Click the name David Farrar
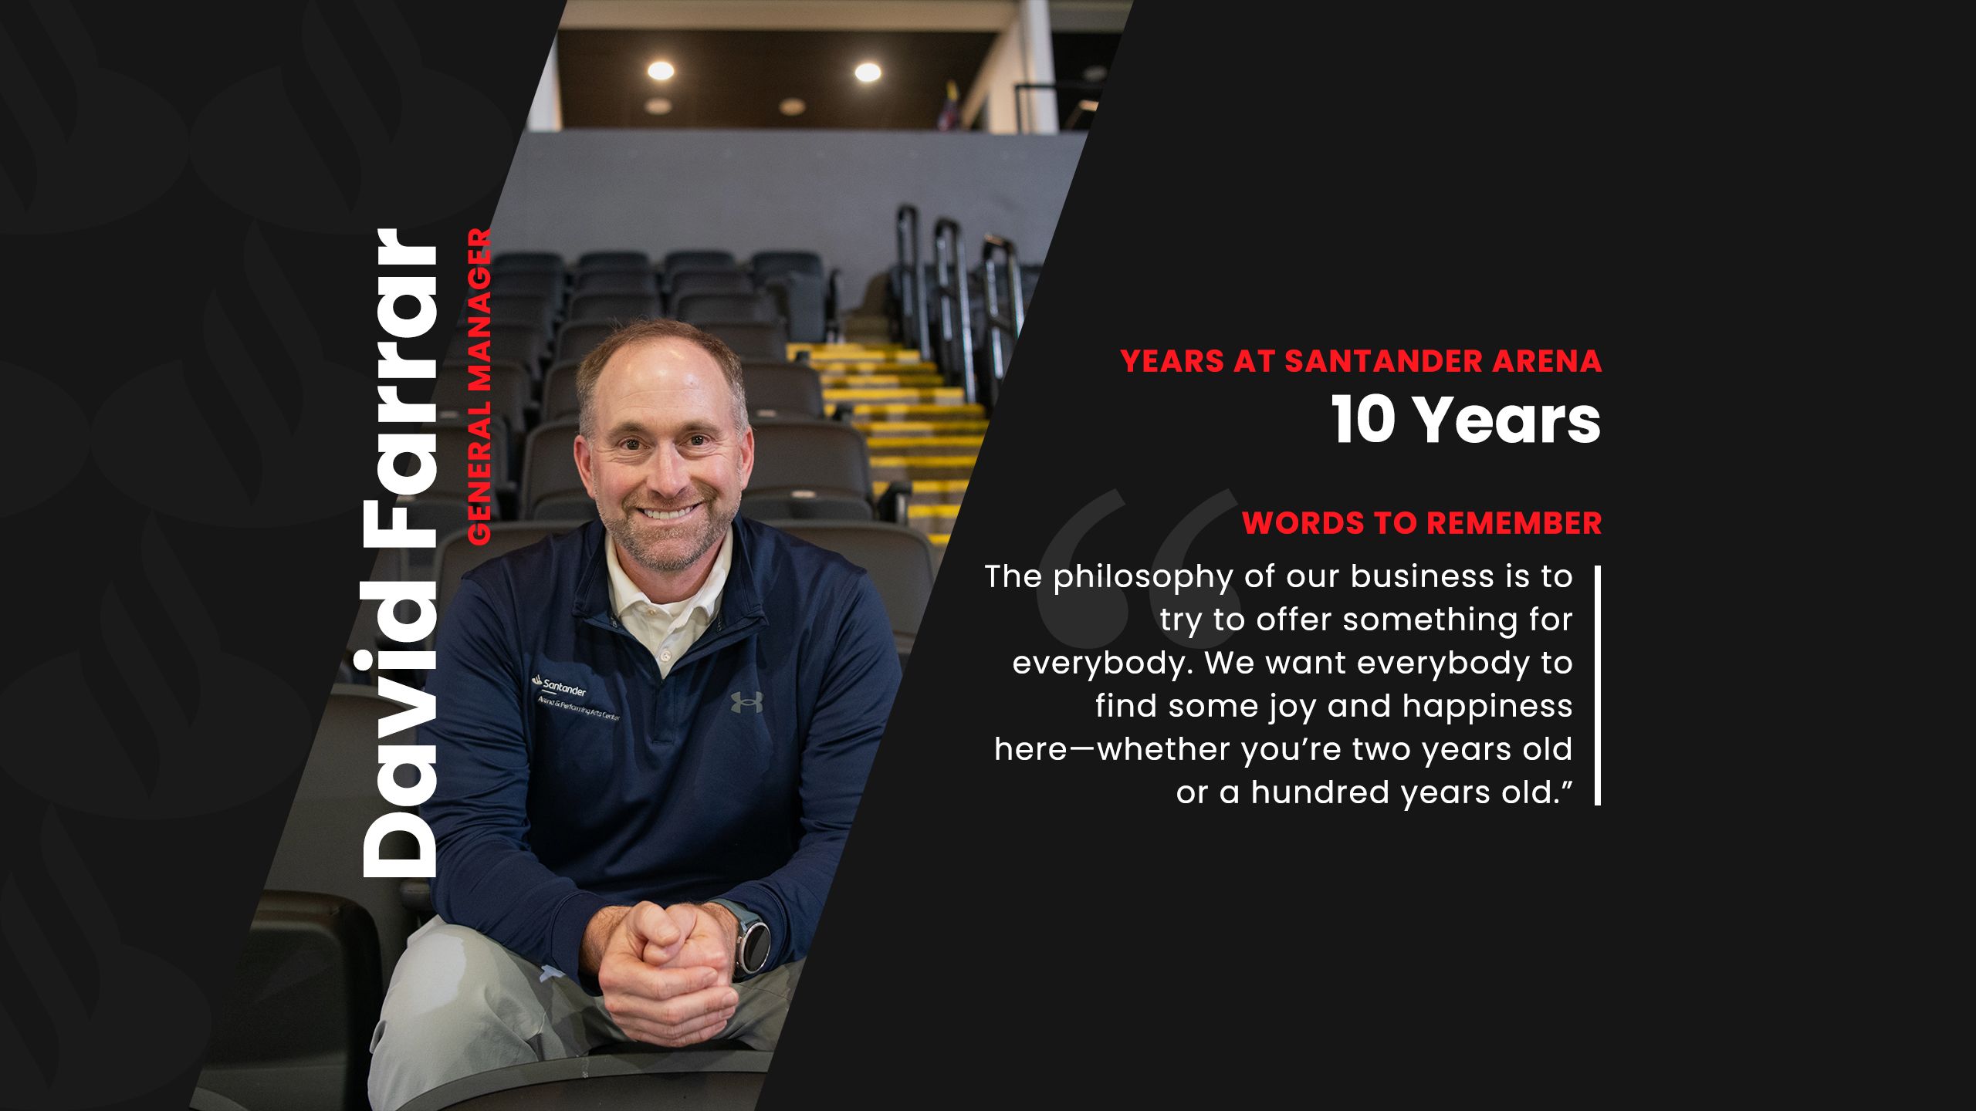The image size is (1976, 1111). [400, 553]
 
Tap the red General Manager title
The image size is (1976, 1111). [479, 387]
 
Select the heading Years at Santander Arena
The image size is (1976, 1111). [1361, 361]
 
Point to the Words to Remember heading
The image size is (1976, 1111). [1422, 523]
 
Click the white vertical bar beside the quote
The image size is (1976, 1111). [1598, 685]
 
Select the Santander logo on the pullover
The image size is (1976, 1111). [559, 684]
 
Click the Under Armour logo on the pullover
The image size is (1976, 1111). [746, 701]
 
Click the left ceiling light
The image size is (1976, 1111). [661, 71]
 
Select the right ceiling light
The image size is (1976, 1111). [868, 72]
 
